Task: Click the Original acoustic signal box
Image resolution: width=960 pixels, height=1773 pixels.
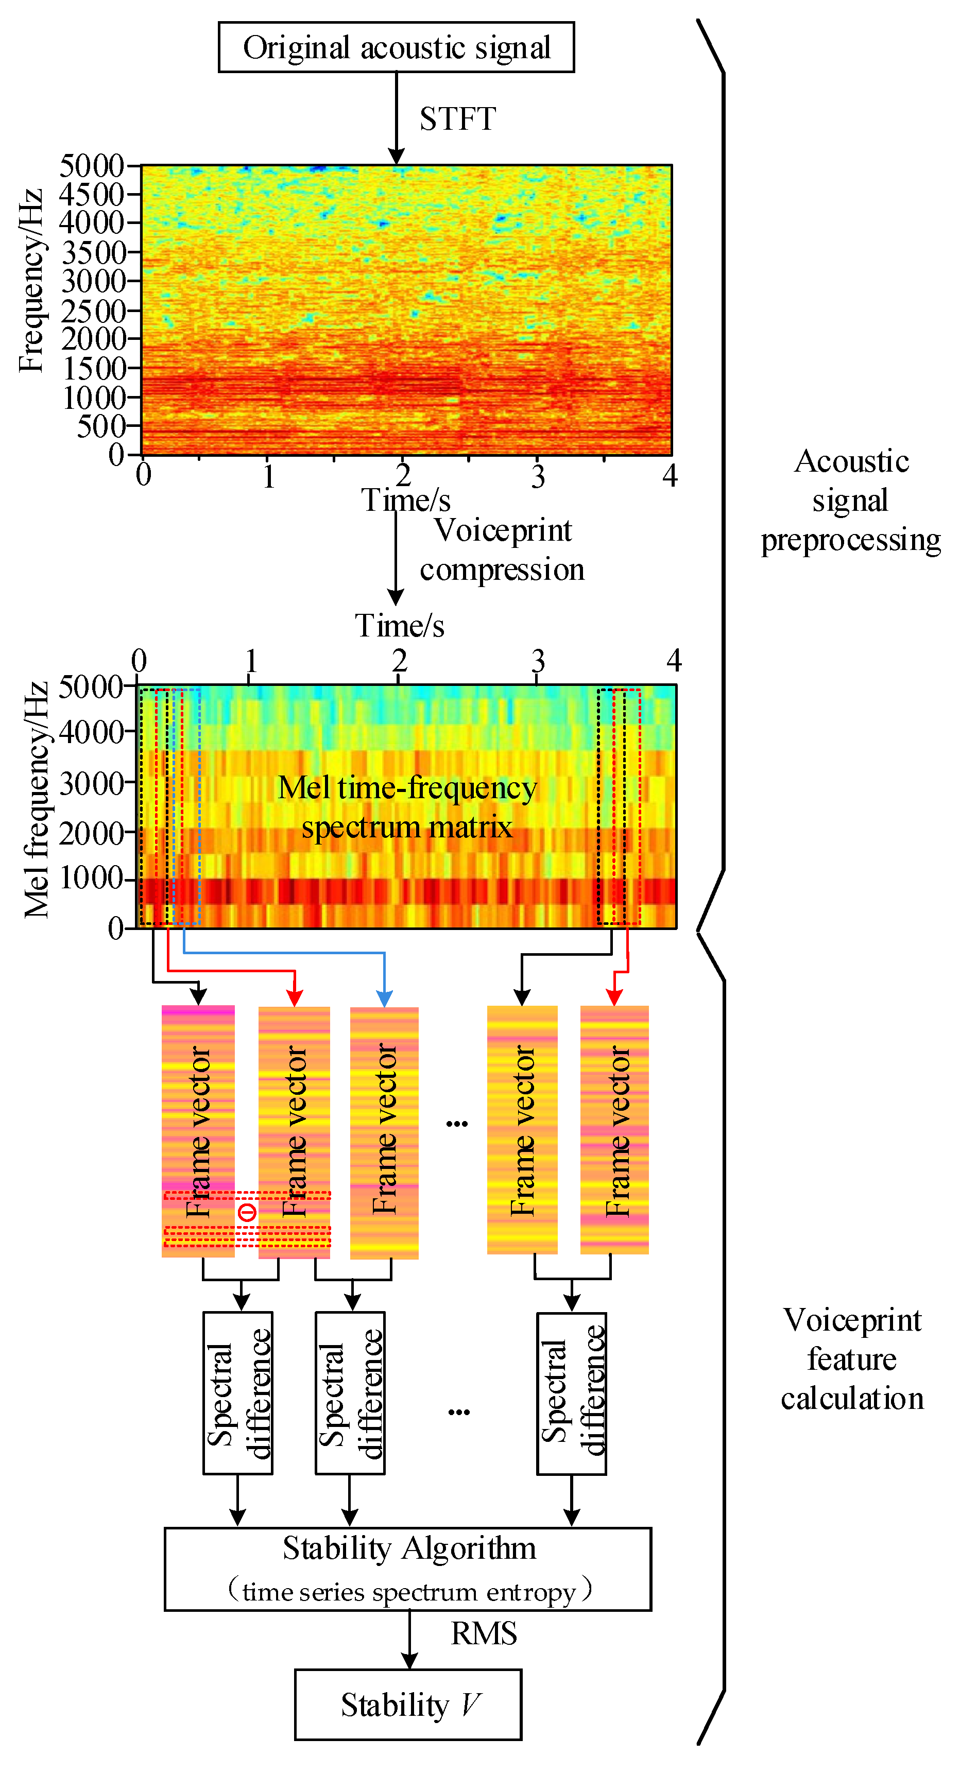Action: (397, 47)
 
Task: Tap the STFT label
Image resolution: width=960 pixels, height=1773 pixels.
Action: (458, 119)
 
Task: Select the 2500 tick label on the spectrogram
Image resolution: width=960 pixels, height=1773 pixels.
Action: (94, 311)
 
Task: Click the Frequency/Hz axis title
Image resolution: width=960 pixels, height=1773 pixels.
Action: (31, 280)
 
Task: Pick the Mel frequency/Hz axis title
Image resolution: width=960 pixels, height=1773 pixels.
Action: (36, 800)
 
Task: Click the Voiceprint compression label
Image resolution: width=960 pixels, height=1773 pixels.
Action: (502, 550)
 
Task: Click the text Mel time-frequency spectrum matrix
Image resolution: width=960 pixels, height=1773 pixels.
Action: (407, 806)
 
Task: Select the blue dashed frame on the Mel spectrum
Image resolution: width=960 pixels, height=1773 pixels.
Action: (186, 805)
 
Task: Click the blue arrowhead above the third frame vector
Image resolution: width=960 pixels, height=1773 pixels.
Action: (384, 999)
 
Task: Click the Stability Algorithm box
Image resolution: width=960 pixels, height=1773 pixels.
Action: (408, 1569)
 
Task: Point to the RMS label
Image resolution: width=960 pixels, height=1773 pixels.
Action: (484, 1633)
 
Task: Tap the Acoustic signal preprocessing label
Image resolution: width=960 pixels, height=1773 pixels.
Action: (851, 501)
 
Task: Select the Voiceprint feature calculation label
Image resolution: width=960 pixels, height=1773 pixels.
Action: (852, 1359)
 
